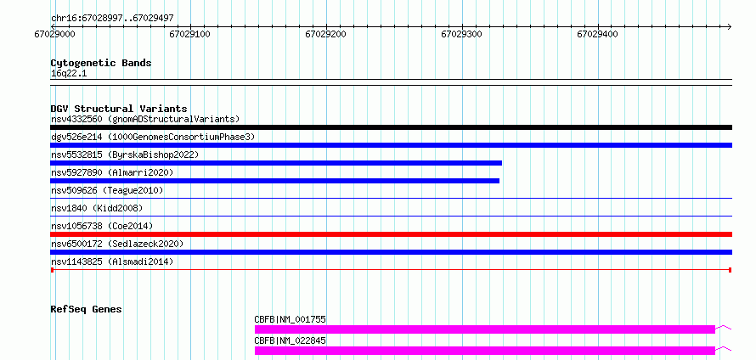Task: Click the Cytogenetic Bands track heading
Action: (x=101, y=63)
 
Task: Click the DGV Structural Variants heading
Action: (x=119, y=109)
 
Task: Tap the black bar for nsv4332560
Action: (x=391, y=127)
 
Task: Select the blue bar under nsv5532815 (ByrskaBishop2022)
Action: (x=276, y=163)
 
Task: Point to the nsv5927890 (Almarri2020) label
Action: (x=112, y=172)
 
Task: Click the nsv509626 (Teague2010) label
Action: (x=107, y=190)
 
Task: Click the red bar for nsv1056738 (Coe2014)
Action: (x=391, y=234)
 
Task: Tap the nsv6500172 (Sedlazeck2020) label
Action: (x=116, y=244)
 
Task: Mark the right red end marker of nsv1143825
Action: (x=731, y=270)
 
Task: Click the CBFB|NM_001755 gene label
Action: (x=291, y=319)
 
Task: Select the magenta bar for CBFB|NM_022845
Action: (x=484, y=351)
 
